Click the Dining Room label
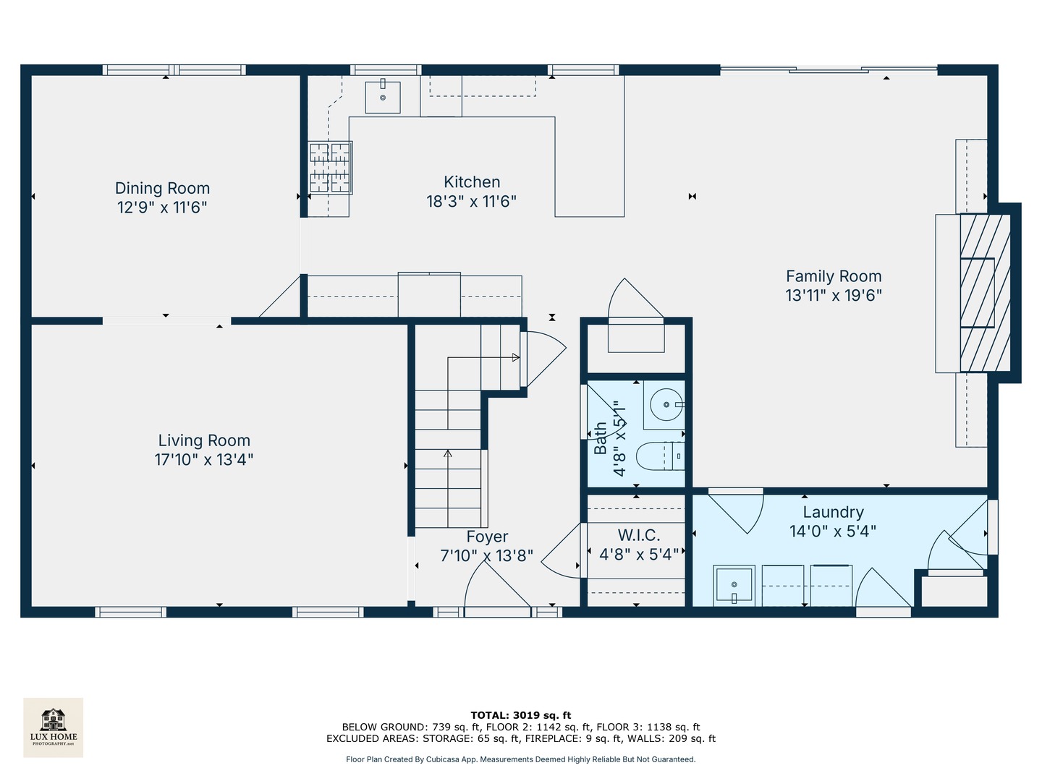click(x=162, y=188)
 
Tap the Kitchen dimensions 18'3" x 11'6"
click(x=471, y=202)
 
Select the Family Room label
click(x=834, y=276)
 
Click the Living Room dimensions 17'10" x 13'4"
click(x=203, y=459)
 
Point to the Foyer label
click(x=487, y=537)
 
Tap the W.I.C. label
click(x=639, y=535)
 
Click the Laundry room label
click(x=833, y=512)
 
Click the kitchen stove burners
click(x=330, y=168)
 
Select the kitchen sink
click(x=383, y=97)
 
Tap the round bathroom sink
click(x=667, y=404)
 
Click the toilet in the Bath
click(x=661, y=456)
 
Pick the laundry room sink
click(x=734, y=586)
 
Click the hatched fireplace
click(x=985, y=293)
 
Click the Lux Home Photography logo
click(x=53, y=727)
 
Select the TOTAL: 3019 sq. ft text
click(x=521, y=715)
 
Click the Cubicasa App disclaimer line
click(x=521, y=759)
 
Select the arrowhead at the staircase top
click(x=515, y=357)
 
